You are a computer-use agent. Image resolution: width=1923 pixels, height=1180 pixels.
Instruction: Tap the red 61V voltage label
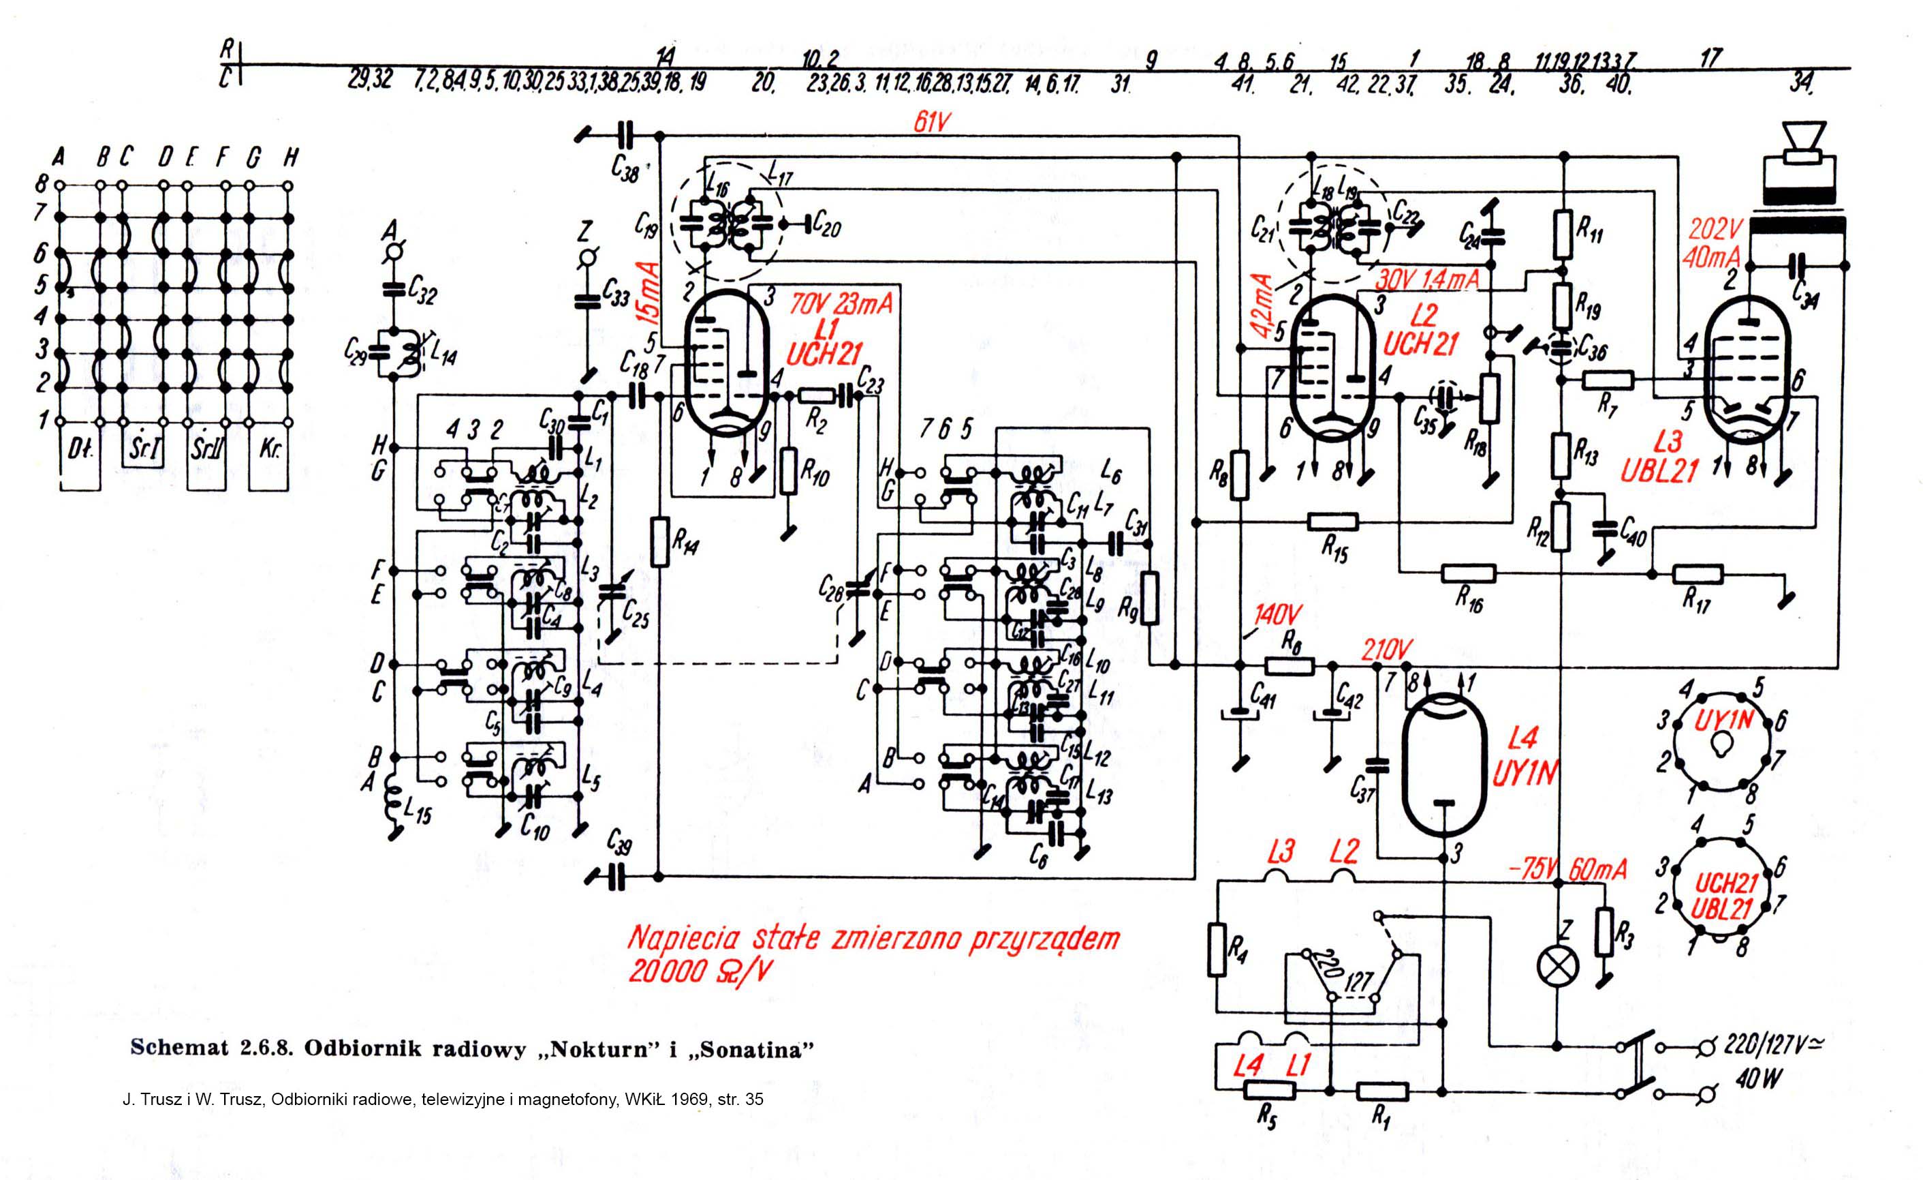click(932, 122)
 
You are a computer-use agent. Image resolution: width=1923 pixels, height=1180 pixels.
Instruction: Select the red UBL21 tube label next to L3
click(1659, 472)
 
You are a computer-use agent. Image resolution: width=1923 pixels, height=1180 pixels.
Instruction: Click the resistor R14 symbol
click(660, 541)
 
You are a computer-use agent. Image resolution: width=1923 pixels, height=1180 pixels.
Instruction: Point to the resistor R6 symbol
click(1289, 666)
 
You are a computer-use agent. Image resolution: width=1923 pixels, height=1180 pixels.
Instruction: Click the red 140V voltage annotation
click(1278, 616)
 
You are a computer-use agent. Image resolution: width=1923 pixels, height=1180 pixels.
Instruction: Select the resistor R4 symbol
click(1217, 950)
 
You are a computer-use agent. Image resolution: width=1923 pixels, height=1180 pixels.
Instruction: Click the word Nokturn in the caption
click(600, 1049)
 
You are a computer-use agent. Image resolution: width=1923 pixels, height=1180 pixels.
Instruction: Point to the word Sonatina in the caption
click(750, 1049)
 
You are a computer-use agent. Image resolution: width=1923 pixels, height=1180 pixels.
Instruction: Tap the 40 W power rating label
click(1759, 1079)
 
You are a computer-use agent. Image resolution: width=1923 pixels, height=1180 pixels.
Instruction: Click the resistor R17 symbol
click(1698, 575)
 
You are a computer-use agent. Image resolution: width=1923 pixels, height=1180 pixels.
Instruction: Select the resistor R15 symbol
click(1332, 521)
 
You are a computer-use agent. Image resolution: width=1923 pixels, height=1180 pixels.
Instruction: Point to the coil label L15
click(418, 815)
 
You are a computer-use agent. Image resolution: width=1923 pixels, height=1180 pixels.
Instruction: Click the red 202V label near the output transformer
click(1715, 229)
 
